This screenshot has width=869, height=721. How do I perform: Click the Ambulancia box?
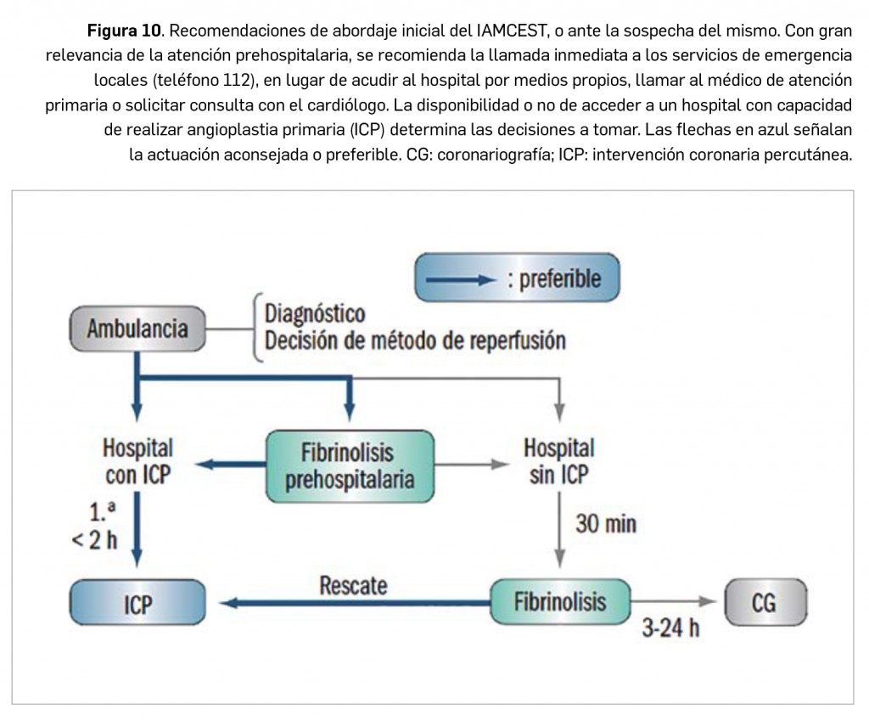137,329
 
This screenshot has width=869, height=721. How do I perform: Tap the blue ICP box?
137,605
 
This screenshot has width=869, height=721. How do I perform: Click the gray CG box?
764,603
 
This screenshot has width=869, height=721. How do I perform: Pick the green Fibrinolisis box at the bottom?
560,602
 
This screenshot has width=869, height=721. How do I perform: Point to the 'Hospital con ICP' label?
137,461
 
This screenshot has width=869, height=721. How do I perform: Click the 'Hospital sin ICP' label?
558,461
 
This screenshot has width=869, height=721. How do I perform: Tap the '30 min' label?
606,523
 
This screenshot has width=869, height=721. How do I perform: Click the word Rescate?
353,584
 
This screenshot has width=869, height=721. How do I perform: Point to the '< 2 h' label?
93,540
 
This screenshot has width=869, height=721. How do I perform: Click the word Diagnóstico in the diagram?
315,314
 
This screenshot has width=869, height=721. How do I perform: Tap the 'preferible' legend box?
517,279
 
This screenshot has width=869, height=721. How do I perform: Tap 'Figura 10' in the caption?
126,33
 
